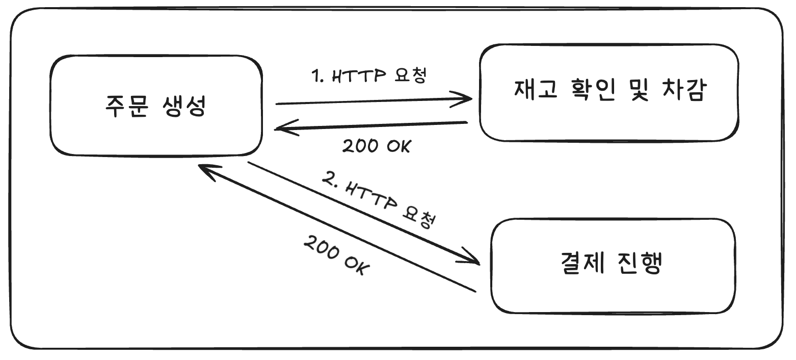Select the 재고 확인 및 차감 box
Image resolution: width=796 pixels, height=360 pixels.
pyautogui.click(x=609, y=92)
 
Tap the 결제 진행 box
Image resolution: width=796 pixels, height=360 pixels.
pyautogui.click(x=613, y=266)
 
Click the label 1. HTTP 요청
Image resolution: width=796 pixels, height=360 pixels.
pyautogui.click(x=369, y=76)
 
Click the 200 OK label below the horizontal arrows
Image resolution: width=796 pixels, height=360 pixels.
pyautogui.click(x=376, y=146)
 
